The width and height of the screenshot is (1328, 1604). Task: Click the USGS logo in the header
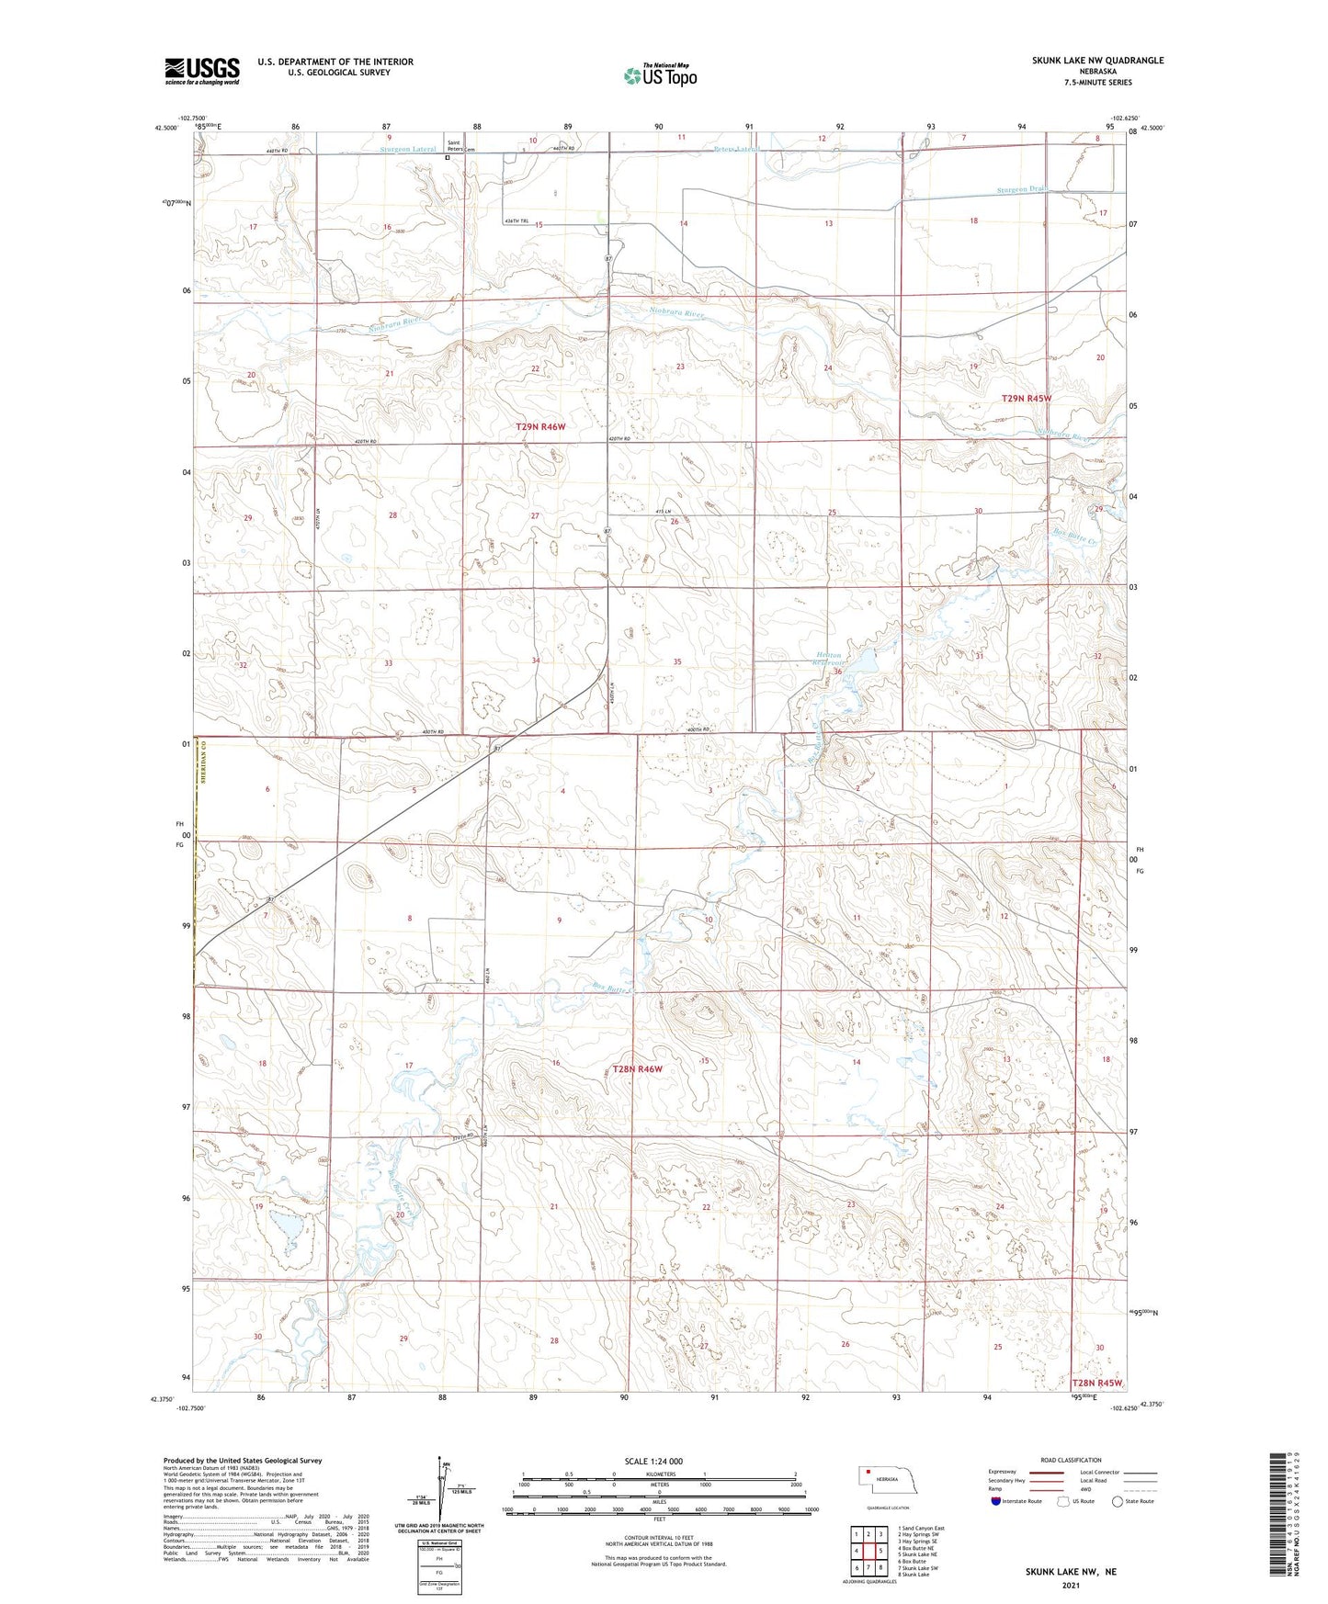click(x=202, y=70)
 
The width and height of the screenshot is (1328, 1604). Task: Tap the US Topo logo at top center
click(x=659, y=74)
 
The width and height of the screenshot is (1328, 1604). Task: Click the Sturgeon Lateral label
click(x=408, y=149)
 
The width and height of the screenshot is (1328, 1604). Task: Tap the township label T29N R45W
click(x=1026, y=399)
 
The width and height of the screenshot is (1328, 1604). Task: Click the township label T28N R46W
click(x=637, y=1069)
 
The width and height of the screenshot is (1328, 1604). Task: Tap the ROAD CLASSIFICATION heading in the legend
click(x=1072, y=1460)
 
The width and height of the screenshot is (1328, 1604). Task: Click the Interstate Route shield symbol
click(x=997, y=1501)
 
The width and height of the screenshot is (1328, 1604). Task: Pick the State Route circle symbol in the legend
click(x=1118, y=1501)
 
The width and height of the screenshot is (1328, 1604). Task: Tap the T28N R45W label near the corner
click(x=1097, y=1383)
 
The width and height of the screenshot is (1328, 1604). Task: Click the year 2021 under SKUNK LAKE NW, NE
click(x=1071, y=1586)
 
